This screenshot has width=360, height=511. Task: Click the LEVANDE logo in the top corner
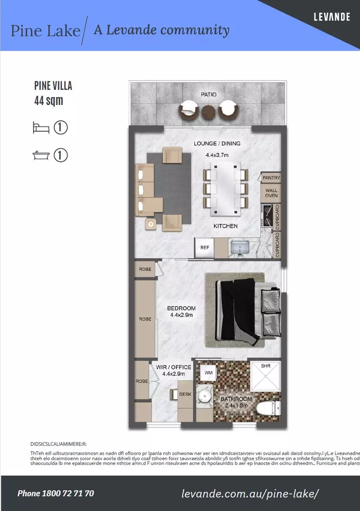click(x=332, y=17)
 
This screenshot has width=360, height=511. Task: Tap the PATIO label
click(x=208, y=95)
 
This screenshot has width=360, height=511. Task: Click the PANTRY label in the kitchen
click(x=271, y=178)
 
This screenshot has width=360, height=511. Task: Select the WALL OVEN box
click(x=271, y=193)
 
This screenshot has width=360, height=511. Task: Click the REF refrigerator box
click(x=205, y=247)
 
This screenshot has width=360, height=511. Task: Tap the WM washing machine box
click(x=208, y=373)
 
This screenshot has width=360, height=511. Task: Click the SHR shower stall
click(x=265, y=376)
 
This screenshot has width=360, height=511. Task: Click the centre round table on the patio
click(x=208, y=112)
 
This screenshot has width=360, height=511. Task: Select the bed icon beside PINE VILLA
click(x=41, y=128)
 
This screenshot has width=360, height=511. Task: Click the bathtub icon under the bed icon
click(x=41, y=155)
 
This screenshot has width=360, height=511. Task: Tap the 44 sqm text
click(x=49, y=100)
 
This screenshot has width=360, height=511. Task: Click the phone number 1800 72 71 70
click(x=56, y=493)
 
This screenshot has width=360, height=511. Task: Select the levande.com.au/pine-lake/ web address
click(x=250, y=493)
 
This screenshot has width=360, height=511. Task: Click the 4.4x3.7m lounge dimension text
click(x=217, y=155)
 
